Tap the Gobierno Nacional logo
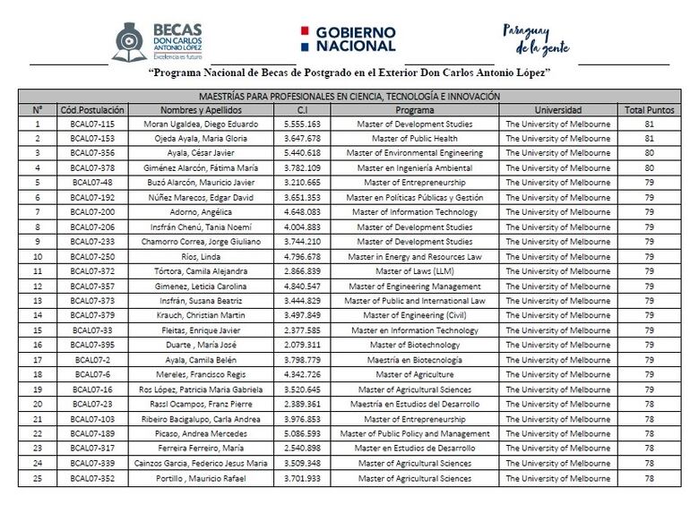pos(345,38)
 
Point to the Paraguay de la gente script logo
pos(535,38)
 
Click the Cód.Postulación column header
pos(91,109)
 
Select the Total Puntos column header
pos(649,109)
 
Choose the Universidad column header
pos(557,109)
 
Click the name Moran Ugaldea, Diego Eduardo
pos(201,124)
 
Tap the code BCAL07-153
pos(91,139)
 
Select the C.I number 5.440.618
pos(302,153)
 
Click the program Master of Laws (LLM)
pos(414,271)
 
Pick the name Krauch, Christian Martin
pos(201,315)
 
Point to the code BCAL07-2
pos(91,360)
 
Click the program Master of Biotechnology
pos(414,345)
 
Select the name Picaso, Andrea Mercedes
pos(201,433)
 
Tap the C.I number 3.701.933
pos(302,478)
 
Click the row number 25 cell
pos(37,478)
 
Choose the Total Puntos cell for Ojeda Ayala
pos(649,139)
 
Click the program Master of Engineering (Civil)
pos(414,315)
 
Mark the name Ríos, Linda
pos(201,256)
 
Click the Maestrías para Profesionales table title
pos(349,96)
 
